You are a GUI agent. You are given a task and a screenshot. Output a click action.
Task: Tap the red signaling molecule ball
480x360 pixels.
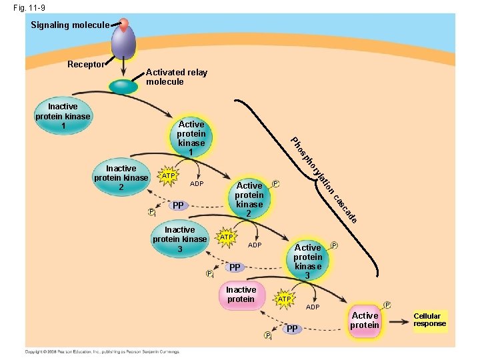(x=123, y=24)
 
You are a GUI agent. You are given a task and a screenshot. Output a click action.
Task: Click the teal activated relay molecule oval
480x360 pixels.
(x=124, y=87)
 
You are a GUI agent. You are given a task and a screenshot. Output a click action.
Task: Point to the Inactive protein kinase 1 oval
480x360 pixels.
(x=63, y=116)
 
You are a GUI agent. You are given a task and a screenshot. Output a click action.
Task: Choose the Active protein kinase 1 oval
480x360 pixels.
(x=191, y=139)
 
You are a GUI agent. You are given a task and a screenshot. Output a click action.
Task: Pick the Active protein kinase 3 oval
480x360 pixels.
(x=307, y=261)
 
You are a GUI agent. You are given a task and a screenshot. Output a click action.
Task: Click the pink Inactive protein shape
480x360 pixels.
(x=241, y=295)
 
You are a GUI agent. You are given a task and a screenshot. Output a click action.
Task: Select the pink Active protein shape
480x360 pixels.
(x=365, y=321)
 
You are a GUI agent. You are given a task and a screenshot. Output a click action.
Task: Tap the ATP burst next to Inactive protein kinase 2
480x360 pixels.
(x=169, y=175)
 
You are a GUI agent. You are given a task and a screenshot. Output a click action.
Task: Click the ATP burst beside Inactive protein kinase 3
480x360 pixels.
(x=227, y=237)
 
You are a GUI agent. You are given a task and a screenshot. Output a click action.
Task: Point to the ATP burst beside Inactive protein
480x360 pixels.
(x=284, y=299)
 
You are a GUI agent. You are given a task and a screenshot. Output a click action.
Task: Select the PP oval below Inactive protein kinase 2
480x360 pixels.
(x=177, y=206)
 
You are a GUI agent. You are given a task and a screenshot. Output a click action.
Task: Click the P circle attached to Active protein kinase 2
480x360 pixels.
(x=275, y=183)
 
